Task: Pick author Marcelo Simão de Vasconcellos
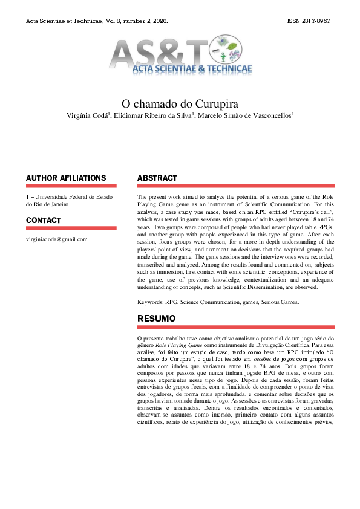click(x=245, y=115)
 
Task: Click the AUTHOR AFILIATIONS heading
click(x=66, y=178)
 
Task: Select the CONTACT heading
click(x=44, y=220)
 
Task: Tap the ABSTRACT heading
click(x=157, y=178)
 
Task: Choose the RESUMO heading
click(x=156, y=318)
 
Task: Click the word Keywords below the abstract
click(x=150, y=301)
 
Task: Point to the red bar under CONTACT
click(x=71, y=229)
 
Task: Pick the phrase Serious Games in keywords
click(x=280, y=301)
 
